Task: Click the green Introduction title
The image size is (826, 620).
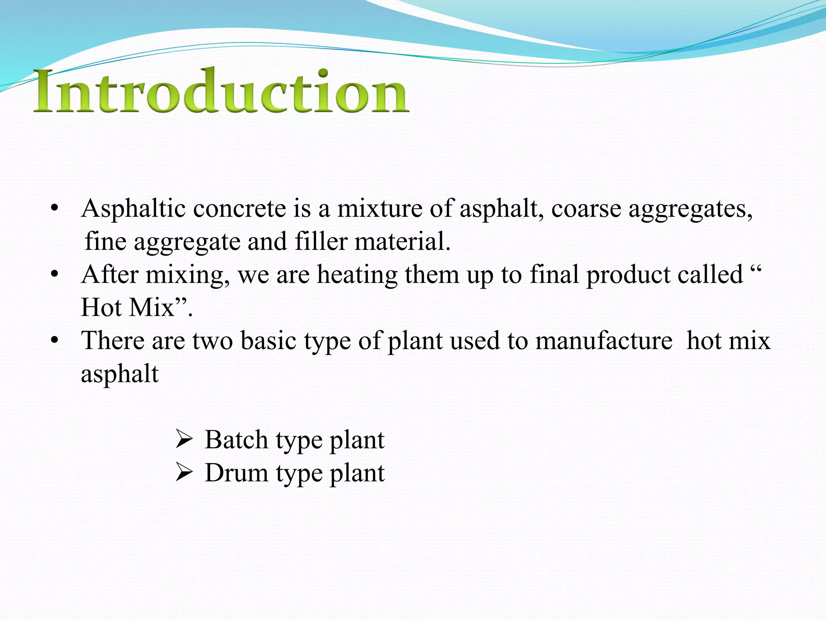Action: (221, 91)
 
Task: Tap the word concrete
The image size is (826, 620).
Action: (239, 209)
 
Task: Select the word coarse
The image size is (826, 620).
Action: (586, 209)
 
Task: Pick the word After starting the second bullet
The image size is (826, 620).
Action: (109, 274)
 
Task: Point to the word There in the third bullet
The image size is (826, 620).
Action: (113, 340)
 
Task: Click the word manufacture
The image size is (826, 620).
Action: (604, 340)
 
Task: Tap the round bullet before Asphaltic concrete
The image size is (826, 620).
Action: (55, 209)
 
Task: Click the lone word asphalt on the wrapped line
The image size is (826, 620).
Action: (120, 374)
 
